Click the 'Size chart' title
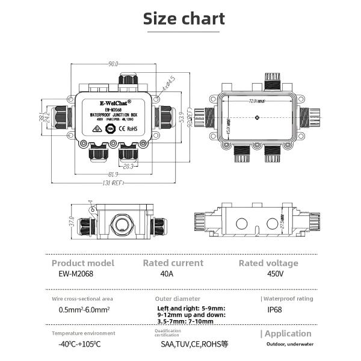184,19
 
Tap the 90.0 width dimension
113,64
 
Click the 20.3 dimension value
129,167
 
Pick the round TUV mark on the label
110,128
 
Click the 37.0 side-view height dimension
72,223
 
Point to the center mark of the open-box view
258,118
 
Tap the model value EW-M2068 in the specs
73,274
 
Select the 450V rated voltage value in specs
276,274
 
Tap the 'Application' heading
288,334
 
